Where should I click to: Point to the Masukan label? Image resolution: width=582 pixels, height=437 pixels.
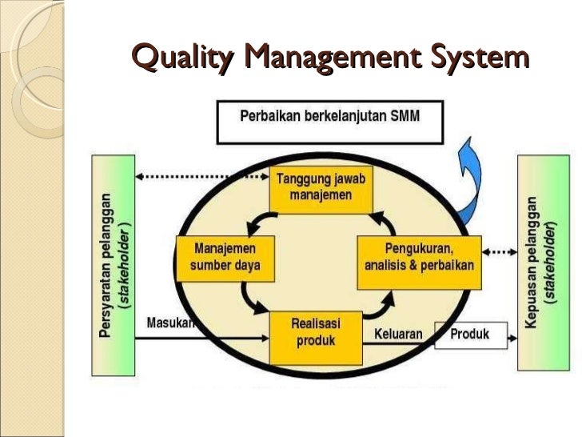[169, 324]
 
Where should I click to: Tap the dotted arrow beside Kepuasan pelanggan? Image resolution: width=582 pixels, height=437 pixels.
[500, 251]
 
